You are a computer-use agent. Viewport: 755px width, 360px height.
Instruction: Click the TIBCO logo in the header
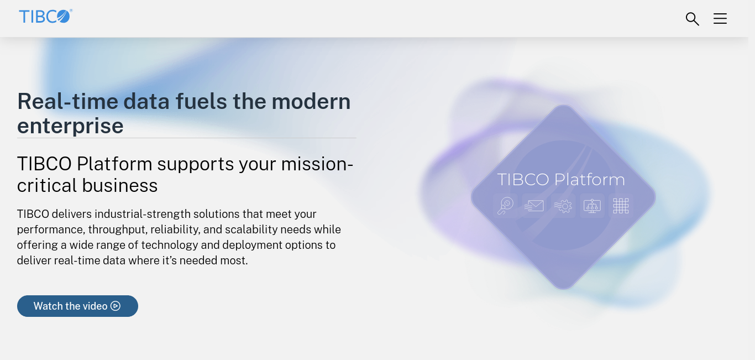pyautogui.click(x=46, y=16)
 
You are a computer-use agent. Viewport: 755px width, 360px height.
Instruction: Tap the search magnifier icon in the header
pyautogui.click(x=693, y=19)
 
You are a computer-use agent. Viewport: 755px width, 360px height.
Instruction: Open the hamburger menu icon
pyautogui.click(x=720, y=19)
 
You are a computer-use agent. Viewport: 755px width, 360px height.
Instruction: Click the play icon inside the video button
pyautogui.click(x=116, y=306)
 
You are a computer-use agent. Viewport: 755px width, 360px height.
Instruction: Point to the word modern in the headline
pyautogui.click(x=311, y=101)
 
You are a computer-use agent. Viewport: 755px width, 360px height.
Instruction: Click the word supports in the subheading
pyautogui.click(x=196, y=165)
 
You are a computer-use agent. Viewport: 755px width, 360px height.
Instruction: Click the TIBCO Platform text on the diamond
pyautogui.click(x=561, y=180)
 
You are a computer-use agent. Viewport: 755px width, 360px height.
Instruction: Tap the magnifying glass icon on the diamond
pyautogui.click(x=506, y=206)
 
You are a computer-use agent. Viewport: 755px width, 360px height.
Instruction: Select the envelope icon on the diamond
pyautogui.click(x=534, y=206)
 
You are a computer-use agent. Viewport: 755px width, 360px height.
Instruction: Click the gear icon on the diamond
pyautogui.click(x=563, y=206)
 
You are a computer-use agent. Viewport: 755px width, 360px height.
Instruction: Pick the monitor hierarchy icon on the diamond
pyautogui.click(x=592, y=206)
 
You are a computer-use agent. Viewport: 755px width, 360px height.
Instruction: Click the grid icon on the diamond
pyautogui.click(x=621, y=206)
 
